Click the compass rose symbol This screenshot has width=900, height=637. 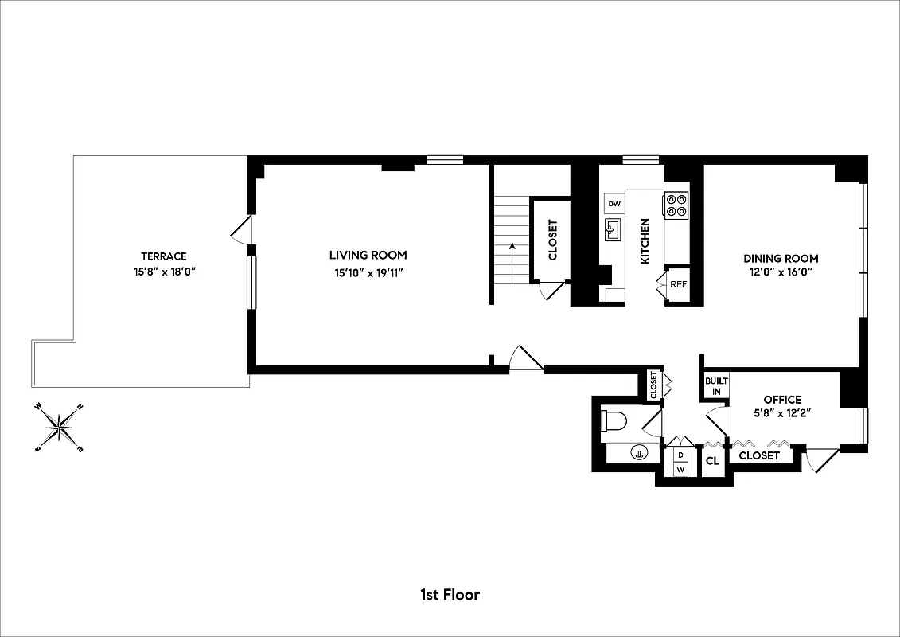(x=60, y=427)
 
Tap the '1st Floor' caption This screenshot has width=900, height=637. (x=450, y=594)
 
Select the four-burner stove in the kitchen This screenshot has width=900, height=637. (x=676, y=205)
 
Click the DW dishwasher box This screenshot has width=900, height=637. (x=614, y=205)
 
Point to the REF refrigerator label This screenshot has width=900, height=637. (x=678, y=284)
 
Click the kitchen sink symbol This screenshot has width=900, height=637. (x=612, y=231)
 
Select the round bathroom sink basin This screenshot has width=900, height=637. (x=638, y=454)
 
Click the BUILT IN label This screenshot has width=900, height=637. (x=712, y=386)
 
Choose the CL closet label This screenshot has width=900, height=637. (x=712, y=460)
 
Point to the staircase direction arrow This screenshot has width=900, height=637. (x=512, y=248)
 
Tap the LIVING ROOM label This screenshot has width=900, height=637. (x=368, y=256)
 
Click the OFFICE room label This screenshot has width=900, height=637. (x=782, y=399)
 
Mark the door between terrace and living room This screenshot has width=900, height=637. (x=242, y=232)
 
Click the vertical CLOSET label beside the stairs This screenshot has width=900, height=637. (x=553, y=240)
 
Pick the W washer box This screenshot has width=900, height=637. (x=680, y=469)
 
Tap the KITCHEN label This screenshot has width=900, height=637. (x=645, y=241)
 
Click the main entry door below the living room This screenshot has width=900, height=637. (x=525, y=360)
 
